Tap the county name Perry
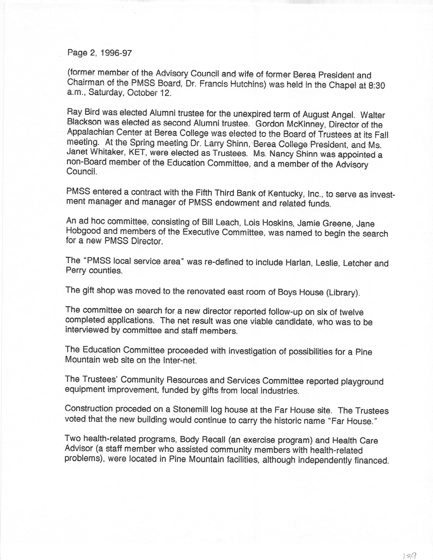tap(76, 271)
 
